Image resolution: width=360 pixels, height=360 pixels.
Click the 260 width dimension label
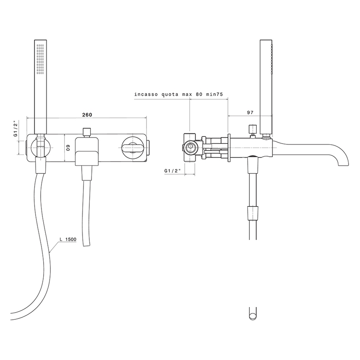pos(86,115)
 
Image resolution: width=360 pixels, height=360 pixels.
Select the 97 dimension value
pos(249,112)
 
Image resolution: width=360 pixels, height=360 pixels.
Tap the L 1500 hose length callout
pos(67,240)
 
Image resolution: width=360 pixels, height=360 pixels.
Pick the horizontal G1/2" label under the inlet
pos(173,171)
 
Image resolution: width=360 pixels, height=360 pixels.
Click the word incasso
pos(147,94)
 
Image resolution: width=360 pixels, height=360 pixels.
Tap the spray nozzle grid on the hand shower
pos(41,59)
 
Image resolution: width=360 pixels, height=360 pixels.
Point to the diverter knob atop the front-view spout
pos(87,131)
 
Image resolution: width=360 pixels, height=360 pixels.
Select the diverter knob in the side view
pos(253,129)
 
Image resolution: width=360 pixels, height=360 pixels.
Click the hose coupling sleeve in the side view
pos(252,211)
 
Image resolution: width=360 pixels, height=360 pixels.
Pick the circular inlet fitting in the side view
pos(191,147)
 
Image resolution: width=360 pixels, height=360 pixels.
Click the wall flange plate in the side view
pos(229,147)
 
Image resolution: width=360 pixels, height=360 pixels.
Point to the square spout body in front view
pos(87,150)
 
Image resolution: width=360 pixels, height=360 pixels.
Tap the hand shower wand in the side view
pos(266,85)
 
